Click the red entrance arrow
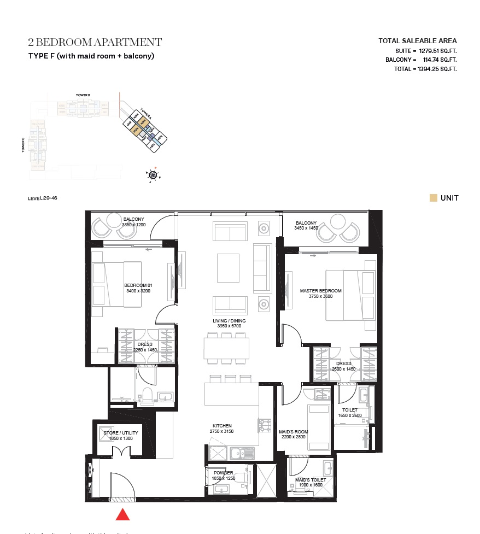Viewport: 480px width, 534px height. pyautogui.click(x=123, y=514)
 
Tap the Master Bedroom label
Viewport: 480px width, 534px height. pyautogui.click(x=320, y=291)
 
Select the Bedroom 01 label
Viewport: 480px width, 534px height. pyautogui.click(x=138, y=285)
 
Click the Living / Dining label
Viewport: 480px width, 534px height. pyautogui.click(x=229, y=321)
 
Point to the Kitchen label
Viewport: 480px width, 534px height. pyautogui.click(x=222, y=426)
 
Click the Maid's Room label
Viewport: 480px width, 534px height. pyautogui.click(x=294, y=432)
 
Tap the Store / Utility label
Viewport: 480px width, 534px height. pyautogui.click(x=121, y=433)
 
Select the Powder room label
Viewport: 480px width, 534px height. pyautogui.click(x=223, y=473)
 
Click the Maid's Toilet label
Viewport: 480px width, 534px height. pyautogui.click(x=311, y=480)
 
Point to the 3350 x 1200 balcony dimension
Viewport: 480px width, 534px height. pyautogui.click(x=133, y=225)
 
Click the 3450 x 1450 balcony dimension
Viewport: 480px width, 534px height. pyautogui.click(x=306, y=228)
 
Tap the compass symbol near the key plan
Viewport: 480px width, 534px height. pyautogui.click(x=153, y=175)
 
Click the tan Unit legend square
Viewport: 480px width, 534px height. pyautogui.click(x=433, y=198)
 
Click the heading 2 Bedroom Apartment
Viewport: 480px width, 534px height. pyautogui.click(x=95, y=43)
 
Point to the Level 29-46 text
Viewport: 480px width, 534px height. pyautogui.click(x=42, y=198)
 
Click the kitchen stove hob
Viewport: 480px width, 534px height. pyautogui.click(x=265, y=425)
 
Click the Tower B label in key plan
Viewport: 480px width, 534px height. pyautogui.click(x=83, y=95)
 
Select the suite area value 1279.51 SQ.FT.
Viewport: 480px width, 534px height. pyautogui.click(x=437, y=50)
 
